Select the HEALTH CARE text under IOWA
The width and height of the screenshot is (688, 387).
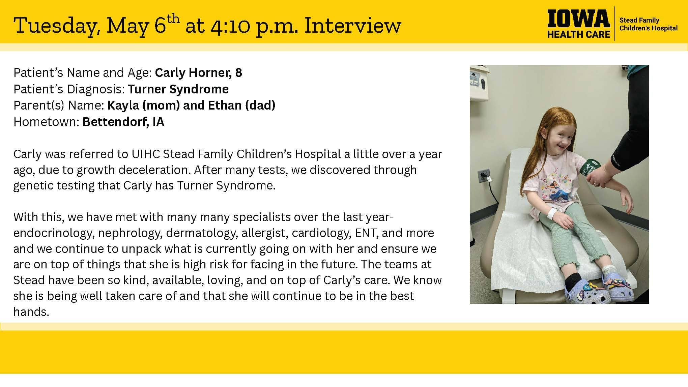click(x=579, y=34)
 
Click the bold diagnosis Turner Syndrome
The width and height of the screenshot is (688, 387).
click(x=178, y=89)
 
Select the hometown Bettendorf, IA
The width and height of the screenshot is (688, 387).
click(x=123, y=122)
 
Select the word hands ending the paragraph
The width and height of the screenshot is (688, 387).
click(x=31, y=311)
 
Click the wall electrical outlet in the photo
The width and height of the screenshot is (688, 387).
click(x=483, y=175)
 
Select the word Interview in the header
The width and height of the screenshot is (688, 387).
click(x=352, y=26)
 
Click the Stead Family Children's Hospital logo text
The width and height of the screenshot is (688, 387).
click(x=648, y=24)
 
